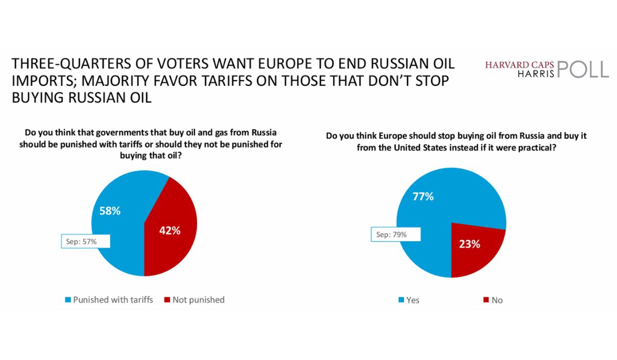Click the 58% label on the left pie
click(x=110, y=211)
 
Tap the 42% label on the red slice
click(x=170, y=230)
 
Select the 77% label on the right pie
click(x=422, y=197)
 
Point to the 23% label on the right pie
click(x=469, y=244)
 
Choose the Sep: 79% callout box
click(x=395, y=235)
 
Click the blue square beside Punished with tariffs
click(x=67, y=300)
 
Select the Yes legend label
click(x=413, y=300)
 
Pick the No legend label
click(x=497, y=300)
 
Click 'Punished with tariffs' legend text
click(x=113, y=300)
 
